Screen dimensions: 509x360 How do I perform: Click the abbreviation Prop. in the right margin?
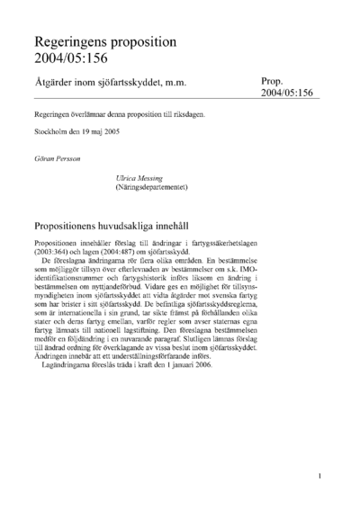click(x=274, y=81)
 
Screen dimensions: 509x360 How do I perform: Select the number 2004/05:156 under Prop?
click(x=290, y=94)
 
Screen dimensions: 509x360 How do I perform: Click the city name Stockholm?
click(x=51, y=134)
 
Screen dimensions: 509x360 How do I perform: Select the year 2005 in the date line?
click(x=123, y=134)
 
